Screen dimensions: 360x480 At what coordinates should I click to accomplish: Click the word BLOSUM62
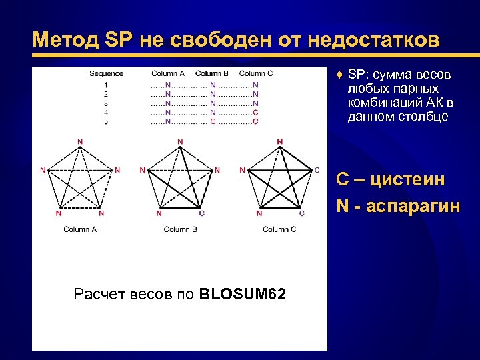243,294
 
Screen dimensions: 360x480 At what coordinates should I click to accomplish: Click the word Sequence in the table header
106,73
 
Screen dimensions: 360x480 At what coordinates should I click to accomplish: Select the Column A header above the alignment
168,73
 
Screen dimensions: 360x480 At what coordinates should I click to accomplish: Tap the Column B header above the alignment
212,73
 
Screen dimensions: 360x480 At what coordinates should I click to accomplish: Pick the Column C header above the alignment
256,73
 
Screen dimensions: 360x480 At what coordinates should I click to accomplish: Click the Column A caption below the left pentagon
80,229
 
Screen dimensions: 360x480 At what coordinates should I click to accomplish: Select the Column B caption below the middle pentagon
180,229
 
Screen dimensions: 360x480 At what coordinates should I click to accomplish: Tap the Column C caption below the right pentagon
279,229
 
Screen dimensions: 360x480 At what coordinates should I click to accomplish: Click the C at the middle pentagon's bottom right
202,213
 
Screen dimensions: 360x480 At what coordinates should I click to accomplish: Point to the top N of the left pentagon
80,141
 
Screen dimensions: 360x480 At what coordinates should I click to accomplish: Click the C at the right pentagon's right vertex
317,170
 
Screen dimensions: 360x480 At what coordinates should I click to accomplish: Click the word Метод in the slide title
64,41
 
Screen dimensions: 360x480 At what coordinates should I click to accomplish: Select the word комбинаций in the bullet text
384,103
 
